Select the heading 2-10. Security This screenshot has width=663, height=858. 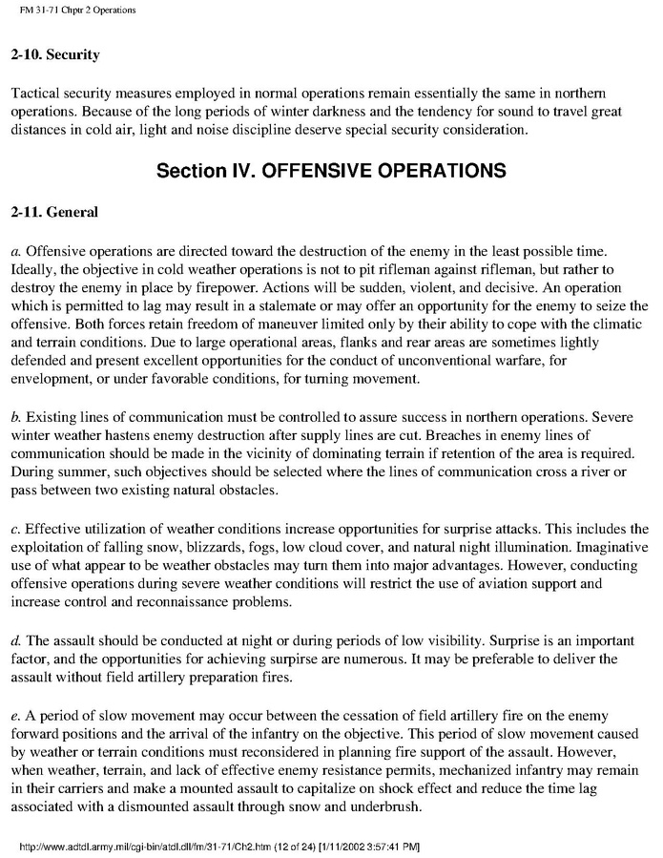pyautogui.click(x=55, y=55)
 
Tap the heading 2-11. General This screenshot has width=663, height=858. pyautogui.click(x=53, y=213)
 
